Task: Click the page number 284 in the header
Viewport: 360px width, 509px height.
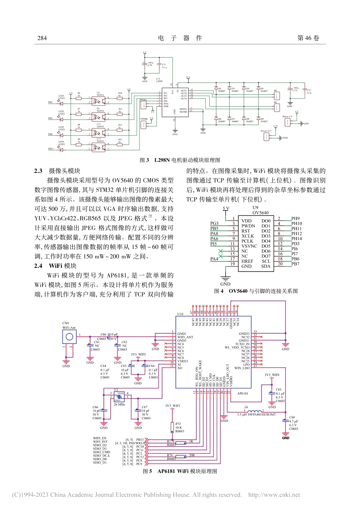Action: click(42, 38)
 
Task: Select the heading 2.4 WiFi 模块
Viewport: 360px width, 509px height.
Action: click(55, 266)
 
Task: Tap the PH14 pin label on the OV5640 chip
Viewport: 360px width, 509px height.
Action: click(296, 239)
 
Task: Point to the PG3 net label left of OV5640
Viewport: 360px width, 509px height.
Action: click(214, 223)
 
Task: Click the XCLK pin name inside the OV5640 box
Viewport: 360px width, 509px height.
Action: click(247, 236)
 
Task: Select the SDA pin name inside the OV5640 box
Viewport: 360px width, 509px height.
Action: click(266, 266)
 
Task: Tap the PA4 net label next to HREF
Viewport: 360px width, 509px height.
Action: click(214, 259)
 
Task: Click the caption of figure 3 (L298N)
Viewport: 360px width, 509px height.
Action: click(180, 160)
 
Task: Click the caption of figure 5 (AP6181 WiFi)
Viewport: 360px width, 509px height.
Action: click(180, 471)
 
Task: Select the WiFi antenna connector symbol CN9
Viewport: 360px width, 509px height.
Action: click(69, 336)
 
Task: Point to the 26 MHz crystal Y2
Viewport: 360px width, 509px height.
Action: click(119, 397)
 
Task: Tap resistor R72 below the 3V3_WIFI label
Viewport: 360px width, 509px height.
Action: click(172, 427)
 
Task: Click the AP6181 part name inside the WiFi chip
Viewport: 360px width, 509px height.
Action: click(243, 393)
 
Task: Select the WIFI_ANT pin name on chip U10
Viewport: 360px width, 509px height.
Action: click(185, 337)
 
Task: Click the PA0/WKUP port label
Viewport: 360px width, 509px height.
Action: click(137, 443)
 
